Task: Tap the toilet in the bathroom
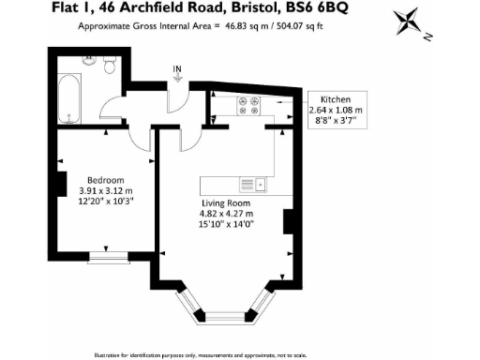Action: pos(110,66)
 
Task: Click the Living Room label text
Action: pos(226,202)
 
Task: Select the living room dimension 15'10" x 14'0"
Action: pos(227,225)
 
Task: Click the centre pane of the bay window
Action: pos(228,321)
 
